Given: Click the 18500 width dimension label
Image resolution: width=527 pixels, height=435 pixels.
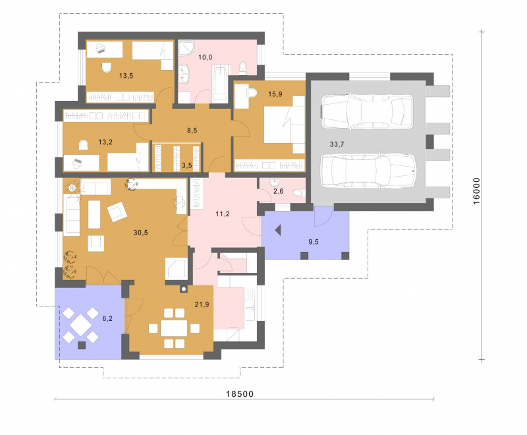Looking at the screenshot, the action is [240, 393].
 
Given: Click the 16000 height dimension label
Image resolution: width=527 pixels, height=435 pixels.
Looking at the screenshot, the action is [476, 191].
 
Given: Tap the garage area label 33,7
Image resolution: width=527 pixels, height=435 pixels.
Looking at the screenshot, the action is [337, 144].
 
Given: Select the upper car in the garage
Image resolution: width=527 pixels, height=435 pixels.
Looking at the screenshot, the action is [367, 111].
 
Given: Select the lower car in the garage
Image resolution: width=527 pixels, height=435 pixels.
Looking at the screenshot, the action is [368, 171].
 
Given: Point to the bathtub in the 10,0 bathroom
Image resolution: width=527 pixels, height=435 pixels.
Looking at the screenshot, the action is [220, 84].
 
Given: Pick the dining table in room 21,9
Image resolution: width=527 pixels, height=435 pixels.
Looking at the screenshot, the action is [174, 328].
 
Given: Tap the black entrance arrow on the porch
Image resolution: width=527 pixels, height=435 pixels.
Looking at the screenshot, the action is [278, 230].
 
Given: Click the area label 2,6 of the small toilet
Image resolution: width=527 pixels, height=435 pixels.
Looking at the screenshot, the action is [278, 191].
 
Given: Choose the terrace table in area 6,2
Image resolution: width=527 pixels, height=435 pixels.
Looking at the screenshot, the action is [80, 325].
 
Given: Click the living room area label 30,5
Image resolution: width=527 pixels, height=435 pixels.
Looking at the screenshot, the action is [140, 233].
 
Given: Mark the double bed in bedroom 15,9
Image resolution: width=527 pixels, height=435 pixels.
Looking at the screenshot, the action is [285, 125].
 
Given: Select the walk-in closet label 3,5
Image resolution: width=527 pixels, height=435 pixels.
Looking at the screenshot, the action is [187, 165].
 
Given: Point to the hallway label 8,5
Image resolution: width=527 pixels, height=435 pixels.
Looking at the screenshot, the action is [192, 130].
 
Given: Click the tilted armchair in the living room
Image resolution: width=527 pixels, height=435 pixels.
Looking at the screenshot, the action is [117, 212].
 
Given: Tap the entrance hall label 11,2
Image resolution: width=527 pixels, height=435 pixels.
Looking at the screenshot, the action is [223, 214].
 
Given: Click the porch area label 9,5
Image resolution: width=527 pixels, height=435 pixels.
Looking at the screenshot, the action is [314, 242].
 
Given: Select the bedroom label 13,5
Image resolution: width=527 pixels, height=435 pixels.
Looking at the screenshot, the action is [126, 76].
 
